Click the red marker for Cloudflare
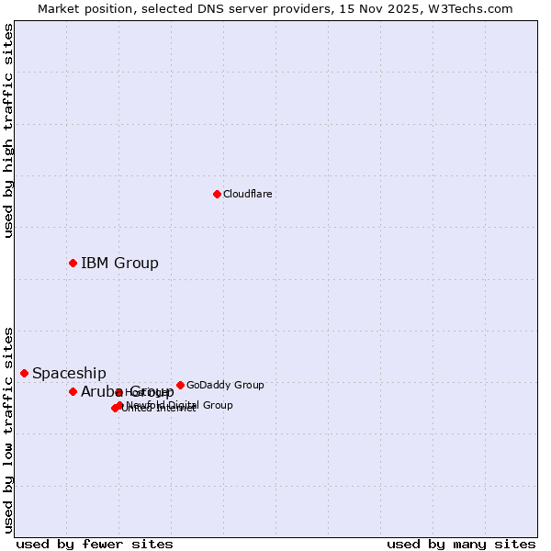click(217, 194)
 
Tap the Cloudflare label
click(247, 194)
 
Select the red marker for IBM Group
click(73, 264)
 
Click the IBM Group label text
click(119, 264)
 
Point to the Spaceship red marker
click(24, 373)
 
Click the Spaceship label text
click(69, 373)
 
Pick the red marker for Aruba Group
click(73, 392)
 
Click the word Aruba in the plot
click(97, 392)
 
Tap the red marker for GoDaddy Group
click(180, 385)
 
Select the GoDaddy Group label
click(225, 385)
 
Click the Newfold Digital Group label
click(180, 405)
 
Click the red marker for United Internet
click(115, 409)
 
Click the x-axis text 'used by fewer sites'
click(95, 544)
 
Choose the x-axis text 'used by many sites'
click(461, 544)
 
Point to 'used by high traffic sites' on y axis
click(8, 130)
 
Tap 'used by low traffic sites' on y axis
click(8, 429)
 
